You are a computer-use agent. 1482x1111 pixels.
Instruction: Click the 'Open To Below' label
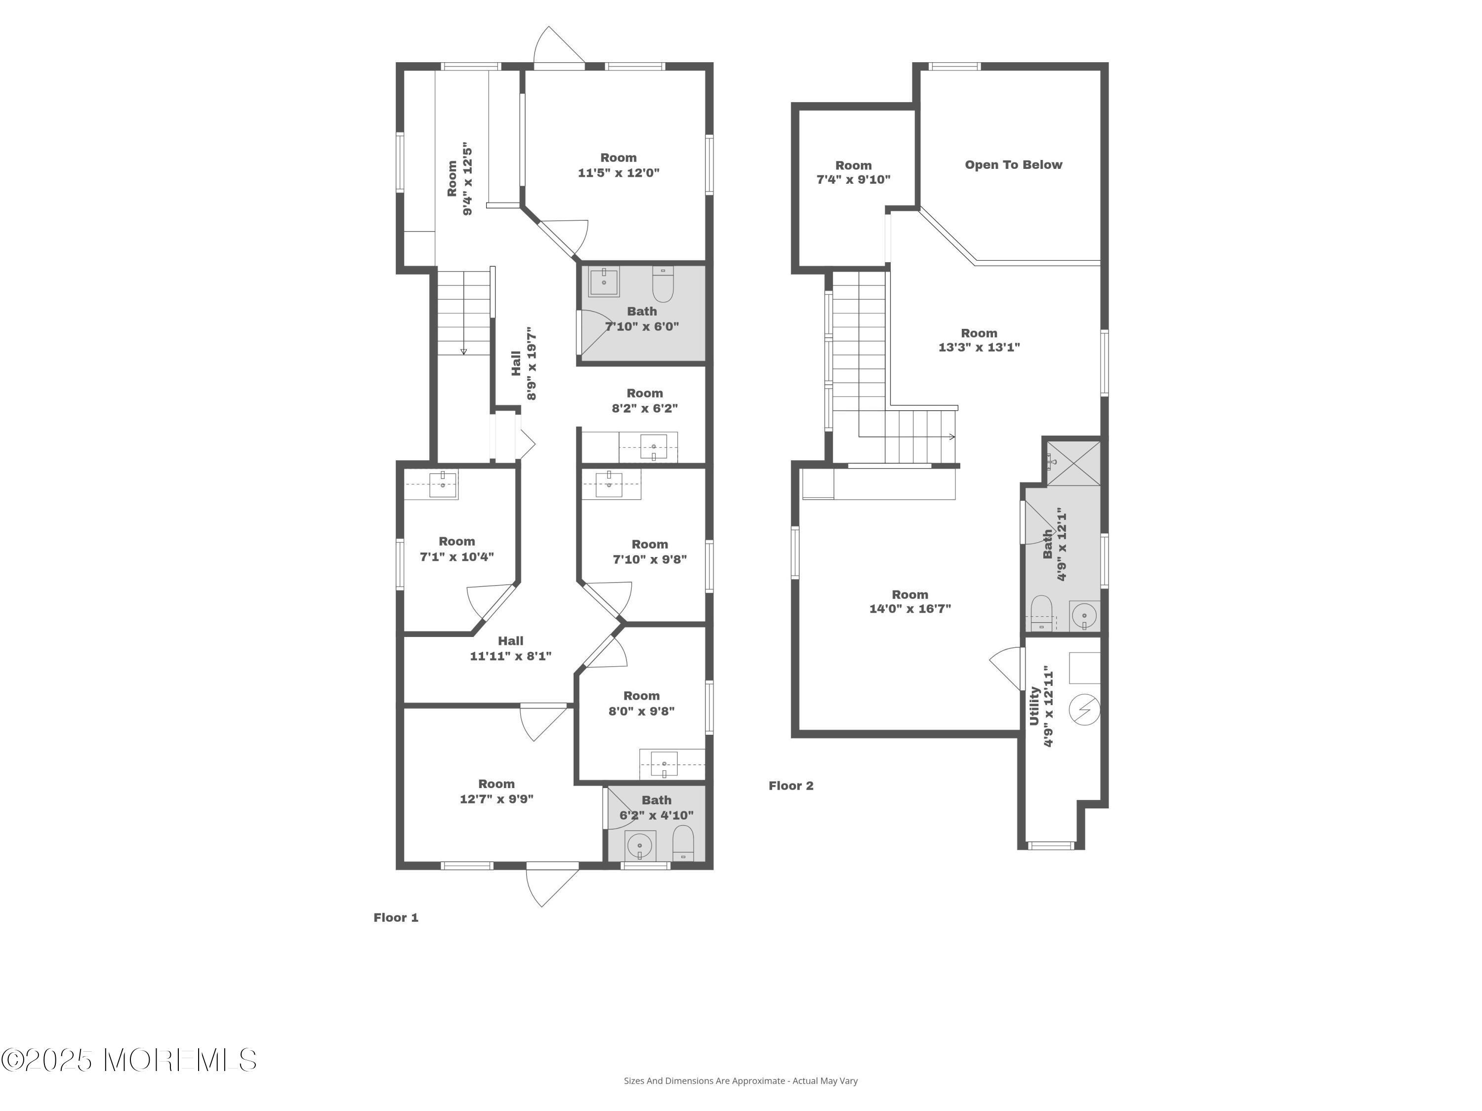(x=1013, y=165)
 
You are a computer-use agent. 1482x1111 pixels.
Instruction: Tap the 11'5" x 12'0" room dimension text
(x=618, y=173)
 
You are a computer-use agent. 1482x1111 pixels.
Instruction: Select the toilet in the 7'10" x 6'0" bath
(x=662, y=284)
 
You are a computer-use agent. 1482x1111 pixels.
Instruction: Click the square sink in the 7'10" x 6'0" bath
(x=604, y=281)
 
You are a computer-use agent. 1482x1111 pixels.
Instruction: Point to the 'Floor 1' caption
(x=395, y=917)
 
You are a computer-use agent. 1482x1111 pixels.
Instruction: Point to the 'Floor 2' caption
(x=790, y=786)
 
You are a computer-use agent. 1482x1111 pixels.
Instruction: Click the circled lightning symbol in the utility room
(x=1084, y=710)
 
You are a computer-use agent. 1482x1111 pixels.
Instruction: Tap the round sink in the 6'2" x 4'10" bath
(x=640, y=846)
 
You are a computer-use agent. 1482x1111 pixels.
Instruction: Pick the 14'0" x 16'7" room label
(x=910, y=601)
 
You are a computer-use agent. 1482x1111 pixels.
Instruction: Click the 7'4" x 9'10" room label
(x=853, y=172)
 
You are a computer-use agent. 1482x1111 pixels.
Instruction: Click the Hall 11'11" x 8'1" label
(x=510, y=648)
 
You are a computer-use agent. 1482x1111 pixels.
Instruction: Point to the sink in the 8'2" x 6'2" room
(x=653, y=446)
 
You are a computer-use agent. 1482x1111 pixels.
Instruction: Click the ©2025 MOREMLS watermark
(x=128, y=1060)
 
